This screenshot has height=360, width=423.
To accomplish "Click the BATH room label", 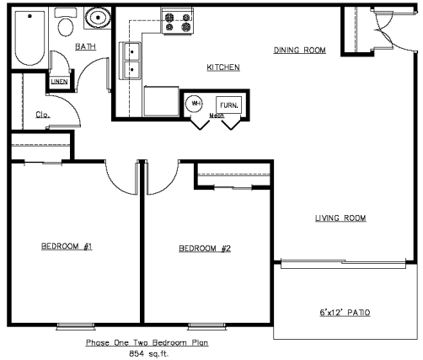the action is coord(86,46).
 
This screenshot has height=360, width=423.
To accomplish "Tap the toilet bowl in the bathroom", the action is coord(66,27).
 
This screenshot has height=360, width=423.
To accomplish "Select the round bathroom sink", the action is coord(98,18).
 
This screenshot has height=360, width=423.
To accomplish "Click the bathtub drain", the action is coord(29,16).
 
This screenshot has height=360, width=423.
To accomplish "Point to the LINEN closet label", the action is coord(59,82).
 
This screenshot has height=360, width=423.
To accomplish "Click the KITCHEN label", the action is coord(223,67).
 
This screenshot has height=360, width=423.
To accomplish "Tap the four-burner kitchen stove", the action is coord(177,20).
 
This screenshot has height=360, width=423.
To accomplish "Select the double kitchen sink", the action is coord(130,61).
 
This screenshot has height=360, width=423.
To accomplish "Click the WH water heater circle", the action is coord(195,104).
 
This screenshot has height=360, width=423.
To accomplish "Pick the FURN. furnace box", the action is coord(228,105).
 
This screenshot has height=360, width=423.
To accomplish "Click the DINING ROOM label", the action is coord(300,50).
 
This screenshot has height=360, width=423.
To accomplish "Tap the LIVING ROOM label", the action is coord(340,218).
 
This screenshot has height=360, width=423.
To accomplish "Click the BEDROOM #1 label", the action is coord(67,246).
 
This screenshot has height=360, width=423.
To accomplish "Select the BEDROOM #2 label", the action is coord(205,249).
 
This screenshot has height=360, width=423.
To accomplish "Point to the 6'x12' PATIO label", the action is coord(345,313).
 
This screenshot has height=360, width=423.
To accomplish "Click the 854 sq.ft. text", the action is coord(149,353).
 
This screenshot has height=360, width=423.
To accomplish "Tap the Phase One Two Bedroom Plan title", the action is coord(147,342).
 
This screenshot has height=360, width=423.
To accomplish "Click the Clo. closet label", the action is coord(43,115).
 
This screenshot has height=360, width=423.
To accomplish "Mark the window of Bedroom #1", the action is coord(76,326).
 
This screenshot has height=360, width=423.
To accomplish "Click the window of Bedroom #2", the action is coord(207,326).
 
